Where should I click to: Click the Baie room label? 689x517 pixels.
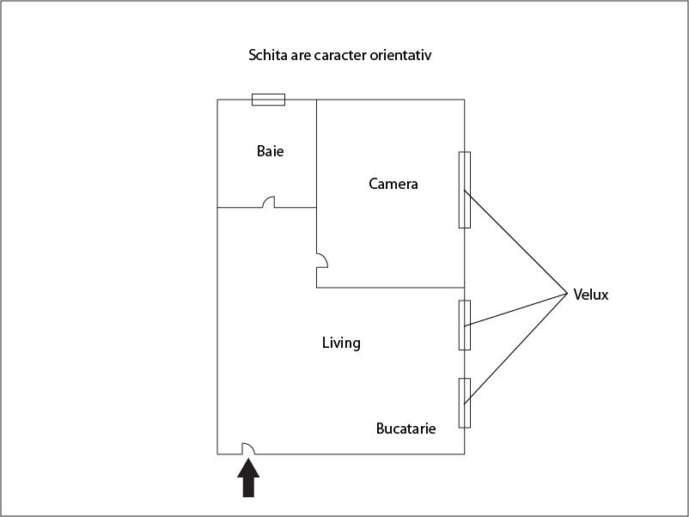(271, 151)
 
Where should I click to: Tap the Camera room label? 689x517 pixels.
(393, 184)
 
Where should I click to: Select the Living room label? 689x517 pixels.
(341, 343)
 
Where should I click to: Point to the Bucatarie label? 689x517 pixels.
(406, 429)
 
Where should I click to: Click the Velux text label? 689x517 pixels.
(591, 295)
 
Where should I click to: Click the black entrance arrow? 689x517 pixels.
(248, 477)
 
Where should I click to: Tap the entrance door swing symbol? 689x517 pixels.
(248, 448)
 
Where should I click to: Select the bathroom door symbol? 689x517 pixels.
(269, 202)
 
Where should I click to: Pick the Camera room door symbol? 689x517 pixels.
(322, 260)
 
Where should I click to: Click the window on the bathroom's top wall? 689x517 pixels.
(269, 100)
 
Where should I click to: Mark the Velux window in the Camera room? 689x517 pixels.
(465, 190)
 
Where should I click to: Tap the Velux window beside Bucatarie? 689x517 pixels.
(465, 403)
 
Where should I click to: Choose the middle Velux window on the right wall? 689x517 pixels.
(465, 325)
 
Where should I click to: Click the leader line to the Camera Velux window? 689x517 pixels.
(515, 241)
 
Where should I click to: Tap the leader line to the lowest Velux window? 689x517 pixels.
(515, 349)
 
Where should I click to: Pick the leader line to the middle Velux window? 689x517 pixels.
(515, 309)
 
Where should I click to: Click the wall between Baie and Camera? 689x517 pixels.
(316, 154)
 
